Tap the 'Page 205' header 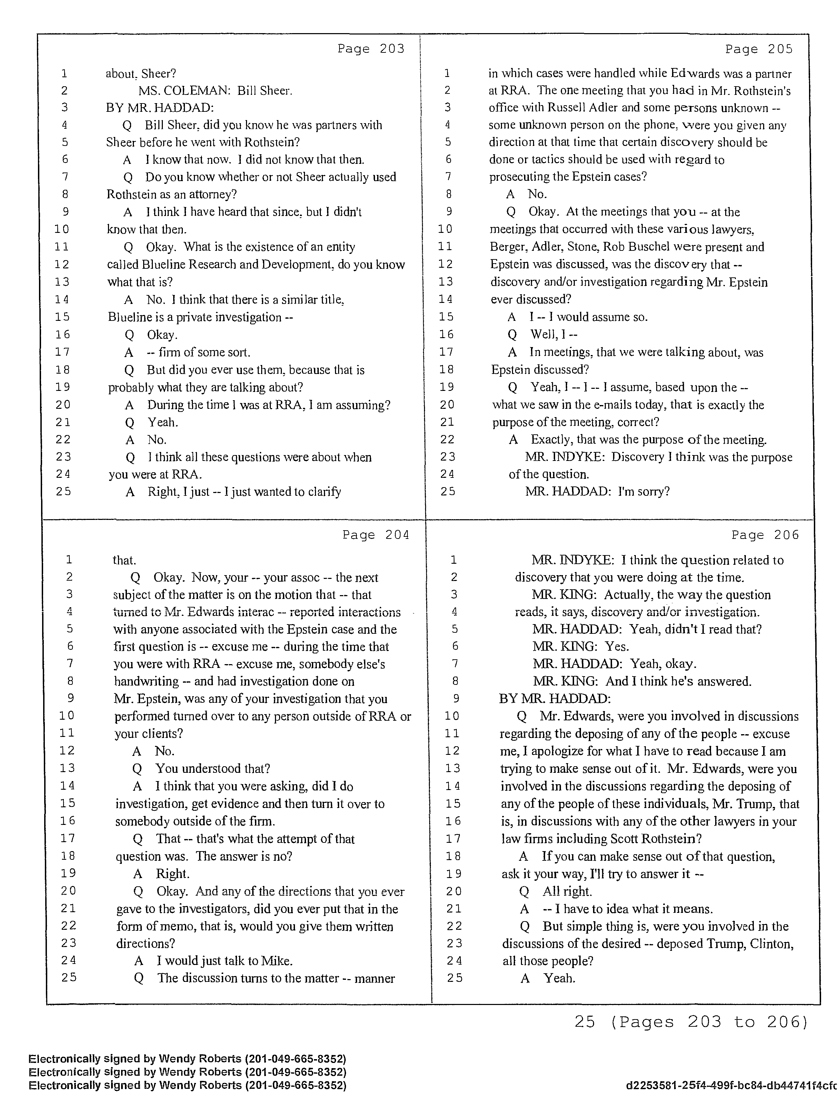point(759,49)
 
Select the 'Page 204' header point(375,535)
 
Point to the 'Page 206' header point(765,535)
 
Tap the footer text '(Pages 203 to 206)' point(708,1022)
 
